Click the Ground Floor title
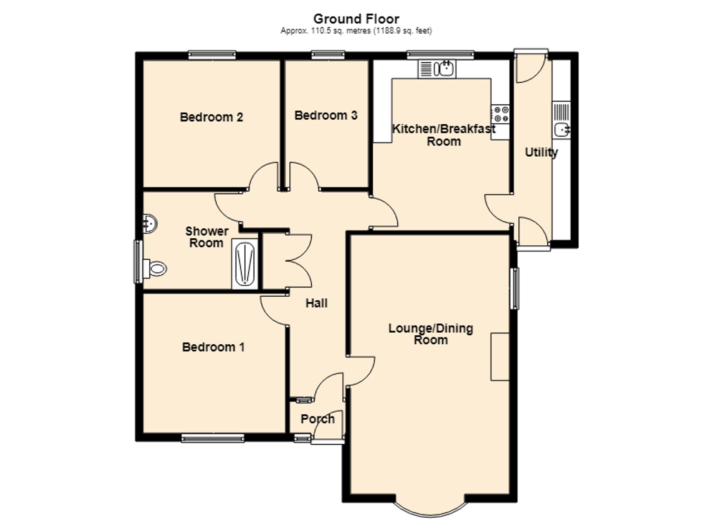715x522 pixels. (x=356, y=19)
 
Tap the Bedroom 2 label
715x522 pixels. (x=211, y=117)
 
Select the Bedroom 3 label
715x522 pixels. (x=326, y=115)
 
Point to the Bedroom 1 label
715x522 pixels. (x=213, y=347)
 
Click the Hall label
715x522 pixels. (x=316, y=303)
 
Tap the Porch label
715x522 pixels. (x=317, y=419)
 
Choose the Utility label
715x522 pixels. (x=541, y=152)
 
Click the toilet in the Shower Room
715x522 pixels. (x=155, y=269)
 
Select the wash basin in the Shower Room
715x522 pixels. (x=149, y=224)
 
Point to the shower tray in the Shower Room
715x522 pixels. (x=245, y=264)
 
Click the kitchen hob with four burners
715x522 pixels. (x=500, y=114)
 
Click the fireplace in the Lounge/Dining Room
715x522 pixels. (x=500, y=356)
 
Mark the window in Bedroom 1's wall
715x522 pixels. (x=213, y=438)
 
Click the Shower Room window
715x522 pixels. (x=138, y=261)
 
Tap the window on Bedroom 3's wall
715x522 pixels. (x=328, y=55)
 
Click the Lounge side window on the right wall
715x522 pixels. (x=515, y=288)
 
